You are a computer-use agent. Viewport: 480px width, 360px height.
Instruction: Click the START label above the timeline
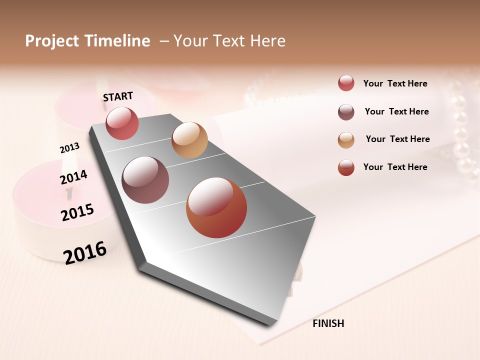(x=118, y=96)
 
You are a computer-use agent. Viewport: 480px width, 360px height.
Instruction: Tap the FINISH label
(x=328, y=323)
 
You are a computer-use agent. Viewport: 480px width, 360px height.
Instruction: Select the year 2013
(x=69, y=148)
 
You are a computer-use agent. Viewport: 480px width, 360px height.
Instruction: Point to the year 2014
(x=73, y=177)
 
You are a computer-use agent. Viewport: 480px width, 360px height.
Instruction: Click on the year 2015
(x=77, y=212)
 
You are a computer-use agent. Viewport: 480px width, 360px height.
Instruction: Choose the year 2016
(x=85, y=252)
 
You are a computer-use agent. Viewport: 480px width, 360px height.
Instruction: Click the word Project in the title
(x=52, y=41)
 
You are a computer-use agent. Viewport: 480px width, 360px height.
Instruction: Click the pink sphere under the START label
(x=122, y=123)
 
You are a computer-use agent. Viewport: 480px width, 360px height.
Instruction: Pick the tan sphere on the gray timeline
(x=189, y=140)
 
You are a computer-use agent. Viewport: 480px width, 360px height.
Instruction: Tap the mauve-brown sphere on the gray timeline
(x=145, y=180)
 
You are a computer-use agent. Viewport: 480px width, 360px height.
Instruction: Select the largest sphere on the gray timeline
(x=216, y=207)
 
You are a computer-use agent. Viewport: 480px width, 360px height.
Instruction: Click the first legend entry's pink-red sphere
(x=346, y=83)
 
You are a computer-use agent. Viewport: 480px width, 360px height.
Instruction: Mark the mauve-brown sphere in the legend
(x=346, y=112)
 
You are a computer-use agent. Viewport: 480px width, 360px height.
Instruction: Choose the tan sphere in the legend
(x=346, y=140)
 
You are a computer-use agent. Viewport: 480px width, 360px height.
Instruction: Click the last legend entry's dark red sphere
(x=346, y=167)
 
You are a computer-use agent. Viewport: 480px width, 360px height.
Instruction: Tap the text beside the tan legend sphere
(x=397, y=139)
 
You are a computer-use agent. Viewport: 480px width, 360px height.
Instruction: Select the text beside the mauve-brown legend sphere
(x=396, y=111)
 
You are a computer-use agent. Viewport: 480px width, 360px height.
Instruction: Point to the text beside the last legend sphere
(x=395, y=167)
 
